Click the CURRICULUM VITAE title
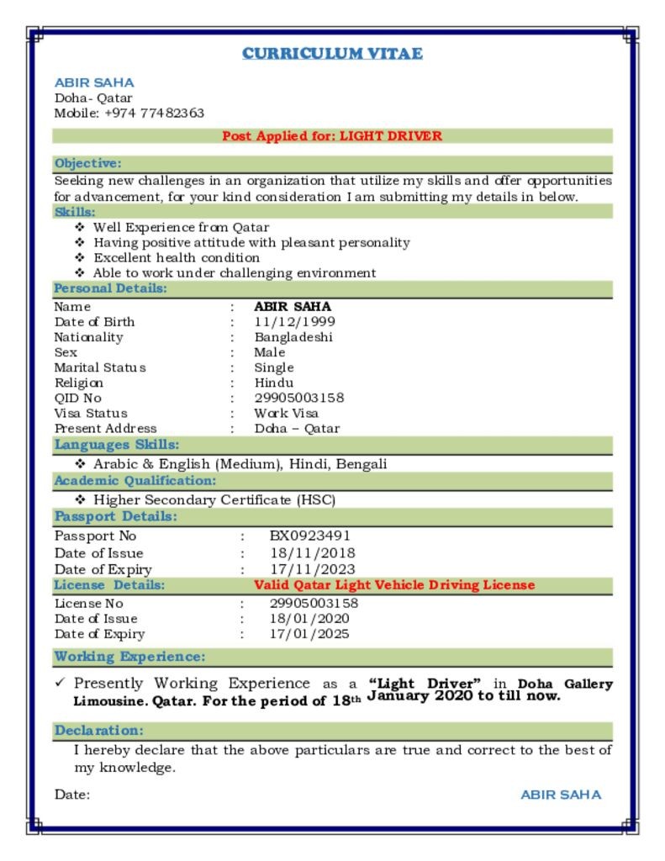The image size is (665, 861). pyautogui.click(x=332, y=54)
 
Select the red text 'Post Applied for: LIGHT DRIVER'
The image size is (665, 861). pyautogui.click(x=332, y=135)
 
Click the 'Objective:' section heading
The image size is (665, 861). pyautogui.click(x=87, y=163)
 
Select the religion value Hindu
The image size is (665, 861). pyautogui.click(x=274, y=383)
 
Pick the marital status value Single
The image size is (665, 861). pyautogui.click(x=274, y=367)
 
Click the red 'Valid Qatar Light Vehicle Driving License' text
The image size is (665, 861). pyautogui.click(x=394, y=585)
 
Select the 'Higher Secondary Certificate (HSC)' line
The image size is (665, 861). pyautogui.click(x=214, y=500)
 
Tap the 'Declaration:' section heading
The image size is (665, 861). pyautogui.click(x=99, y=731)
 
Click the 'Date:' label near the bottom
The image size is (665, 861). pyautogui.click(x=72, y=795)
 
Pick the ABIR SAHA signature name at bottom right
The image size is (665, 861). pyautogui.click(x=561, y=795)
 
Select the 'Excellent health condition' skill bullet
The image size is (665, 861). pyautogui.click(x=177, y=257)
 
